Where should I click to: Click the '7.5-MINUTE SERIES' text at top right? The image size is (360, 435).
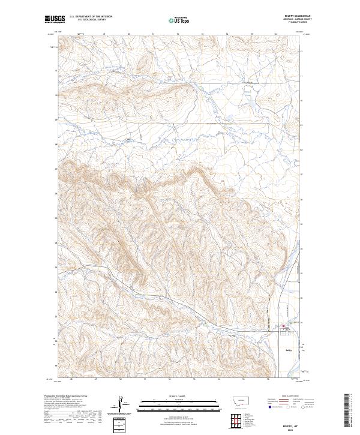pos(287,23)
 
